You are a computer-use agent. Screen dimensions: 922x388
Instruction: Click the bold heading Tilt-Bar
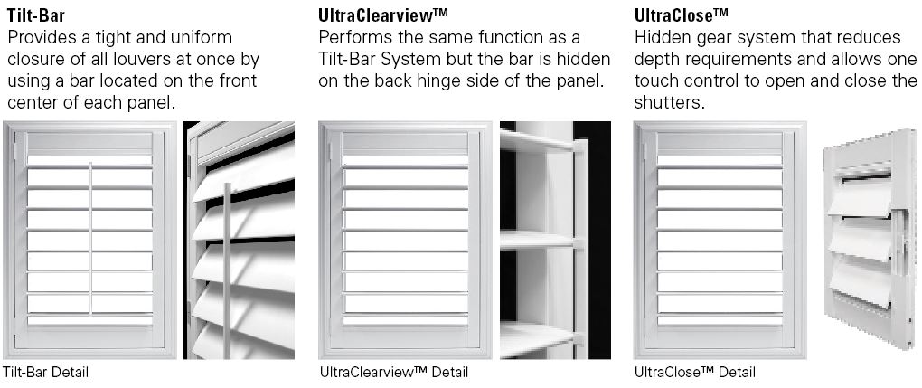click(35, 14)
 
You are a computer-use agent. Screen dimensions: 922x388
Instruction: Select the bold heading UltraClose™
click(682, 14)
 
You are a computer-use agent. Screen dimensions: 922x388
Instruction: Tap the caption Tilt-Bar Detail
click(46, 372)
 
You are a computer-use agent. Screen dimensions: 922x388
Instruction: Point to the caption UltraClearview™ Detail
click(394, 372)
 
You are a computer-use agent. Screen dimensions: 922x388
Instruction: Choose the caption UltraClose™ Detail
click(695, 372)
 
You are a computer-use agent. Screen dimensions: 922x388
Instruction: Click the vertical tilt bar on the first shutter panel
click(90, 238)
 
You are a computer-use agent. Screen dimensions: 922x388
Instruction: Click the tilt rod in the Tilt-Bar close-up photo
click(226, 270)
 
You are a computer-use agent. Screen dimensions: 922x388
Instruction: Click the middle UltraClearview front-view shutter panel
click(405, 241)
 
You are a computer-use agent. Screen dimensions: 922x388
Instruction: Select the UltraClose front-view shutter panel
click(720, 241)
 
